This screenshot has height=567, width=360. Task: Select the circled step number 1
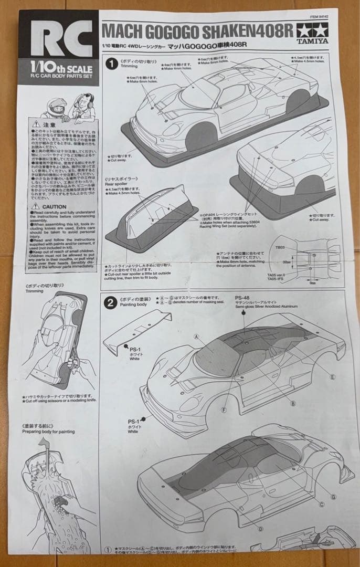(x=111, y=64)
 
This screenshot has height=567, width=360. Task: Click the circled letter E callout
(x=332, y=376)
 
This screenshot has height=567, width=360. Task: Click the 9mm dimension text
(x=313, y=282)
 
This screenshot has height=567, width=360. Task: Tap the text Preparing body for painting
(x=48, y=432)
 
